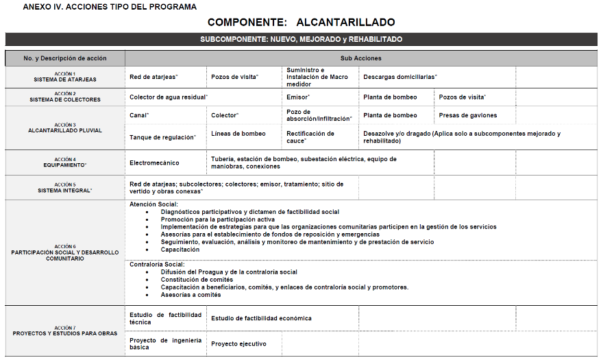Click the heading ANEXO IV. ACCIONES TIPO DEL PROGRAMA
[110, 7]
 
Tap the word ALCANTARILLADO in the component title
[345, 23]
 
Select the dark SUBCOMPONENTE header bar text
[301, 39]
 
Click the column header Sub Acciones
[360, 58]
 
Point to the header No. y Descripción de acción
[65, 58]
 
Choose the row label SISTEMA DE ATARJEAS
[65, 80]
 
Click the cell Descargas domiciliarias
[400, 77]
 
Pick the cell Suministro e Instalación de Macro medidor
[317, 77]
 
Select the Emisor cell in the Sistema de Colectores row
[299, 97]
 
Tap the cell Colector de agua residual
[169, 97]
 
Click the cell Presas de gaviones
[468, 115]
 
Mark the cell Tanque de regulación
[163, 137]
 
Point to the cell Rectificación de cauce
[310, 137]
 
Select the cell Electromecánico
[154, 163]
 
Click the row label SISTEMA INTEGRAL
[65, 191]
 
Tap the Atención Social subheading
[153, 204]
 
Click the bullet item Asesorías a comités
[191, 295]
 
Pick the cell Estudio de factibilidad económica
[261, 318]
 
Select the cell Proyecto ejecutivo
[238, 344]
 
